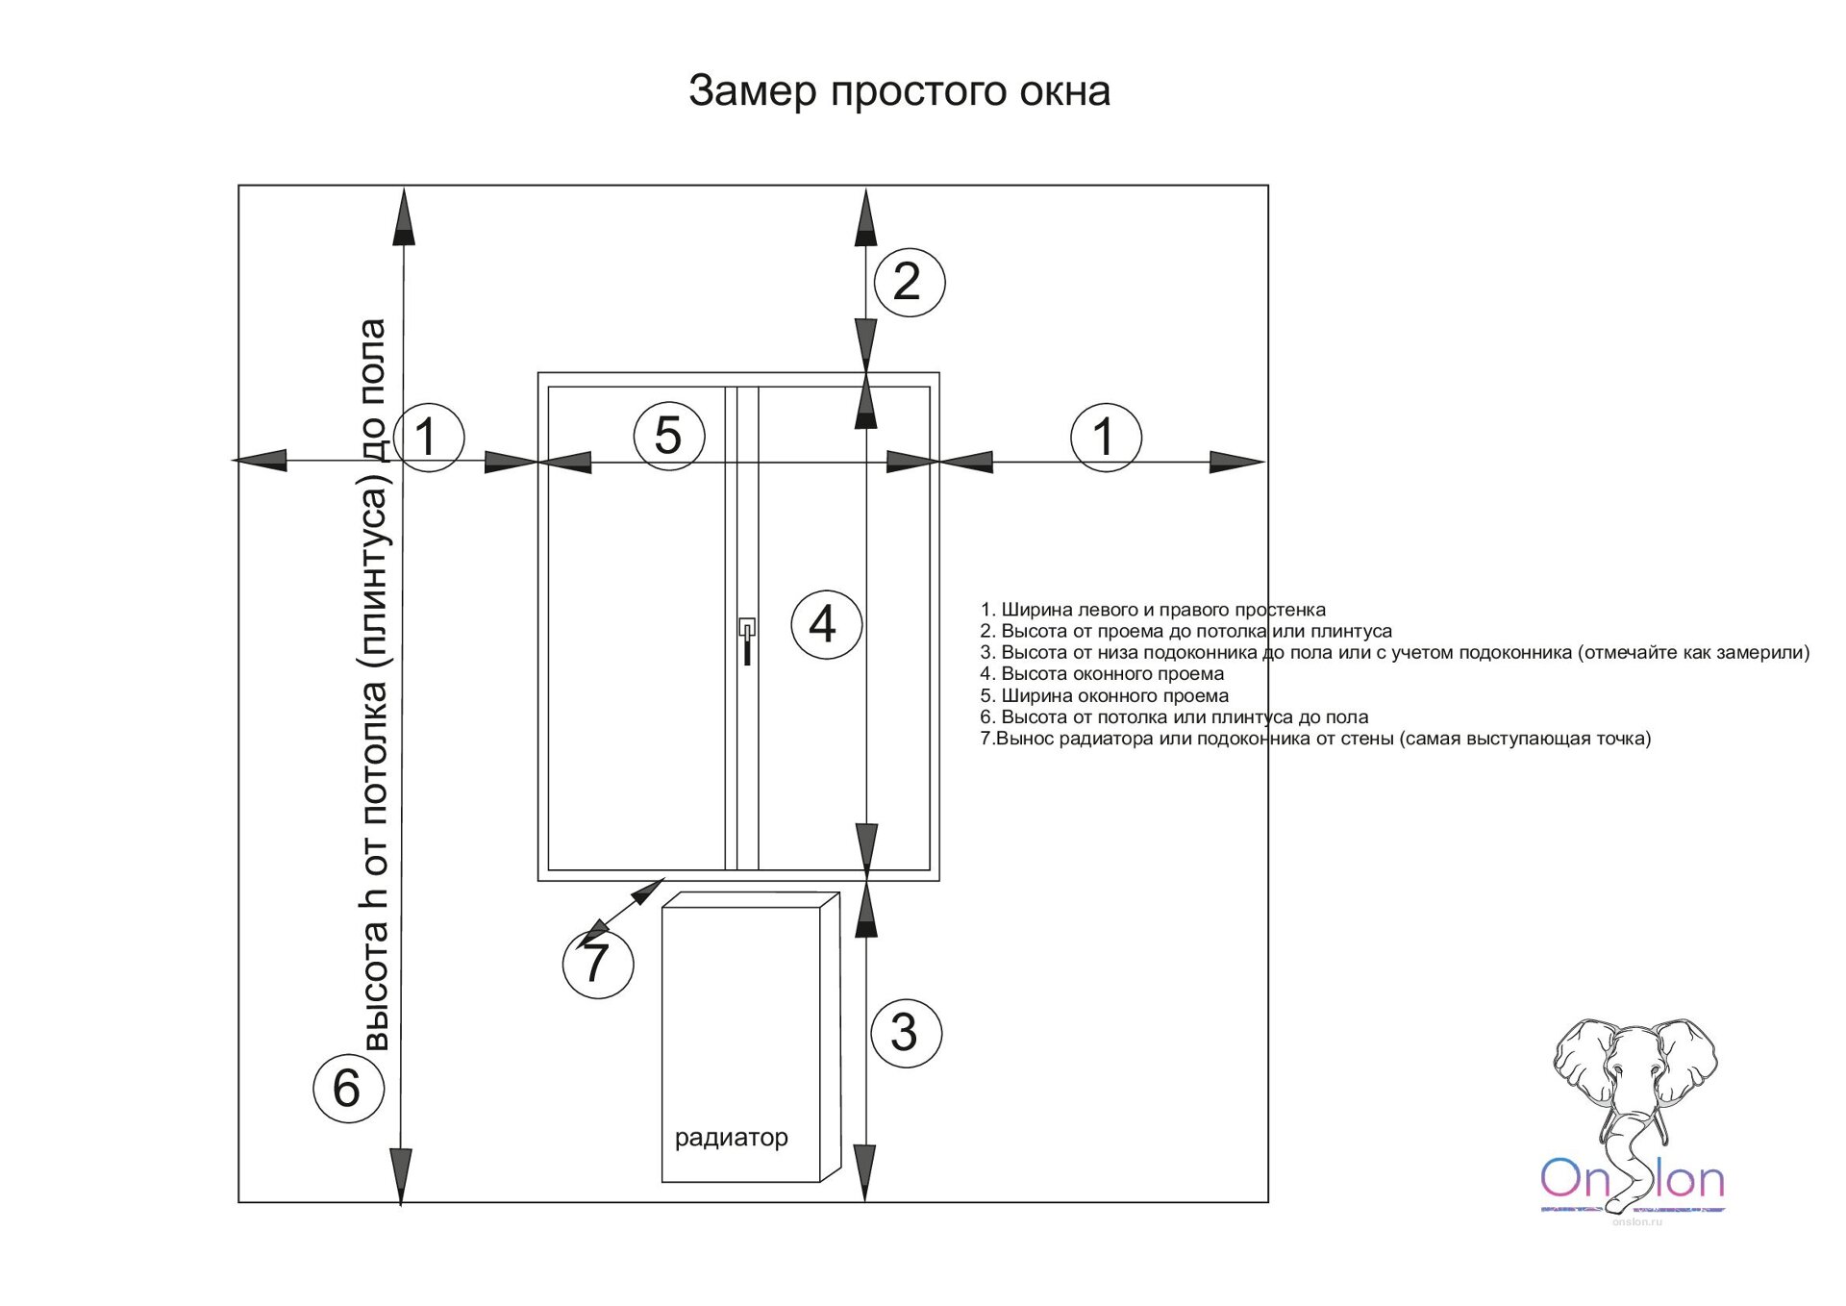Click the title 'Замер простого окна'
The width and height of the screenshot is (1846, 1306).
[x=899, y=91]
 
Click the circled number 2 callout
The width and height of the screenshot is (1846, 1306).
[x=909, y=282]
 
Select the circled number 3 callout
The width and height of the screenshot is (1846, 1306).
[x=906, y=1033]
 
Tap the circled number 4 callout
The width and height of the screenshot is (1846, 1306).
[x=825, y=625]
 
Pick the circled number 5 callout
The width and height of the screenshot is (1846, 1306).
[x=669, y=436]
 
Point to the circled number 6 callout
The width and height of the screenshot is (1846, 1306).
[x=348, y=1088]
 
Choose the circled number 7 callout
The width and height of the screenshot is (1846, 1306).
[x=597, y=963]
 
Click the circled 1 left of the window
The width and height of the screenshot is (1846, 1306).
[x=429, y=437]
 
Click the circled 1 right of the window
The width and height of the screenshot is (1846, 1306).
[x=1106, y=437]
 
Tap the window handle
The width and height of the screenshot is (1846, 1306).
[x=746, y=640]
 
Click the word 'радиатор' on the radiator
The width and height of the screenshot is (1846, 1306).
[x=731, y=1138]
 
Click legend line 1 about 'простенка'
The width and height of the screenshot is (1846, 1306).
[x=1152, y=610]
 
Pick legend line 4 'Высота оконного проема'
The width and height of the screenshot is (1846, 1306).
[x=1102, y=674]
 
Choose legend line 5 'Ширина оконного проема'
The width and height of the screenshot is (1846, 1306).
[x=1104, y=695]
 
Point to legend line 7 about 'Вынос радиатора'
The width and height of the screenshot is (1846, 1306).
[x=1314, y=739]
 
